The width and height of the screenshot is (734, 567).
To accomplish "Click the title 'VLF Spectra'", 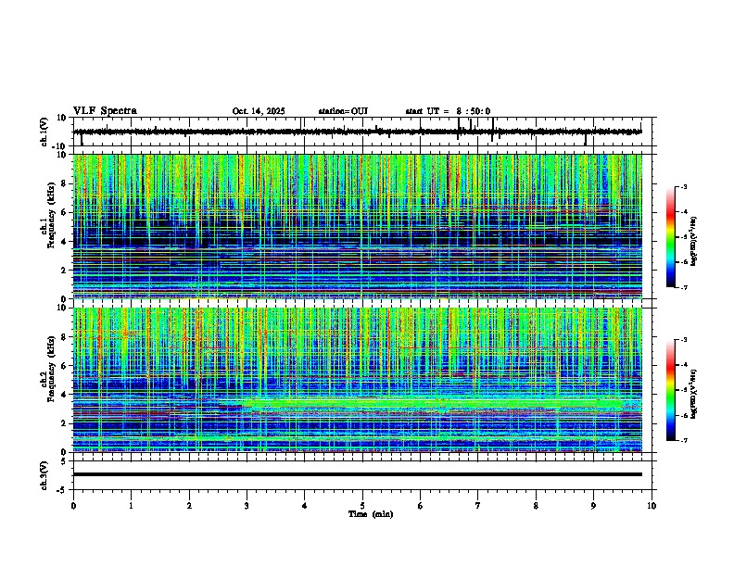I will tap(105, 110).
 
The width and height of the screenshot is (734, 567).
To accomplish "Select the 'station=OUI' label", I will tap(343, 111).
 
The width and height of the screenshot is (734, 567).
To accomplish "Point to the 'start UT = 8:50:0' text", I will tap(448, 111).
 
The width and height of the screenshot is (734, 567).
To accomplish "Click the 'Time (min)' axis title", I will tap(371, 513).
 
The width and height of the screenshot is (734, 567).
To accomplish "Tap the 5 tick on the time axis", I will tap(362, 506).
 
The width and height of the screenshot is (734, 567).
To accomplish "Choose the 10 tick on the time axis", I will tap(652, 506).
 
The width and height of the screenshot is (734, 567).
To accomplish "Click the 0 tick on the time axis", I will tap(73, 506).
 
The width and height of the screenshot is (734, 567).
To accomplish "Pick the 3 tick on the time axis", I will tap(247, 506).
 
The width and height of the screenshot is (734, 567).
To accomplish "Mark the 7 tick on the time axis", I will tap(478, 506).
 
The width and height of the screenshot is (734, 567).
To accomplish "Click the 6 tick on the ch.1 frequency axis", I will tap(66, 212).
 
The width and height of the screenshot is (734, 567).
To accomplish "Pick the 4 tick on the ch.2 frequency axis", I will tap(66, 394).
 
